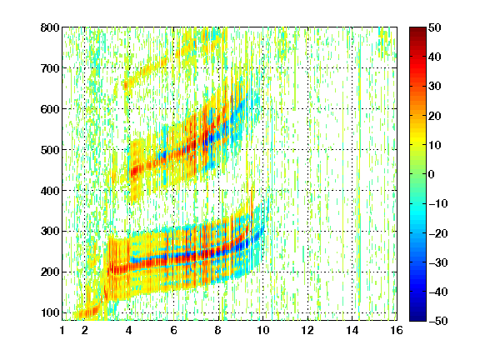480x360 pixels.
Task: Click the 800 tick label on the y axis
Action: pyautogui.click(x=50, y=27)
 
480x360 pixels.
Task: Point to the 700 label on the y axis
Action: pyautogui.click(x=50, y=68)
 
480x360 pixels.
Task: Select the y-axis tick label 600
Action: pyautogui.click(x=50, y=109)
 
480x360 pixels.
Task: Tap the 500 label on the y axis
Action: pyautogui.click(x=50, y=150)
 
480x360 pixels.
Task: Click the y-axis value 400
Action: pyautogui.click(x=50, y=191)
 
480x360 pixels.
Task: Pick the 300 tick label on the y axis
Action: pyautogui.click(x=50, y=232)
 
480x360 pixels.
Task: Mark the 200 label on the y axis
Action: pyautogui.click(x=50, y=272)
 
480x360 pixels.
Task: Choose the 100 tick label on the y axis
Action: pyautogui.click(x=50, y=312)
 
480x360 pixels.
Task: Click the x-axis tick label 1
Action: pyautogui.click(x=62, y=330)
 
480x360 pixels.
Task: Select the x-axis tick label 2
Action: pyautogui.click(x=85, y=330)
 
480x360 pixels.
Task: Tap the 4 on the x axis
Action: pyautogui.click(x=129, y=330)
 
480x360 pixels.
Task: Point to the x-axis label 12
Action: pyautogui.click(x=307, y=330)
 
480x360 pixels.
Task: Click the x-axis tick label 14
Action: pyautogui.click(x=352, y=330)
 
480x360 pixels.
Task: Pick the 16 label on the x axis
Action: pyautogui.click(x=397, y=330)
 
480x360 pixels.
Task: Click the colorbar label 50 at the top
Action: pyautogui.click(x=434, y=27)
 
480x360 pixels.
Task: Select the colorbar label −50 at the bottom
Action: pyautogui.click(x=438, y=321)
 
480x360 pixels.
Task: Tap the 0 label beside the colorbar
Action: pyautogui.click(x=431, y=174)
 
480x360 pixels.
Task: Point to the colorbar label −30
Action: pyautogui.click(x=438, y=262)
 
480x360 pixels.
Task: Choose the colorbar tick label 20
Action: pyautogui.click(x=434, y=116)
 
